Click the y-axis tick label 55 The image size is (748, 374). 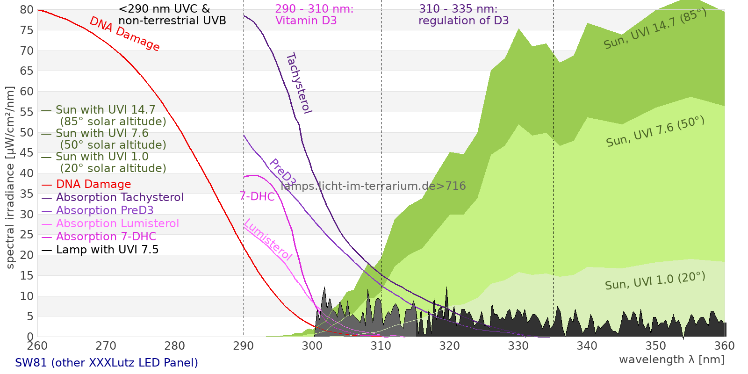click(x=27, y=112)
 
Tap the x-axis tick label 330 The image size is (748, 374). click(x=518, y=346)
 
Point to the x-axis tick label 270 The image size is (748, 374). click(x=106, y=346)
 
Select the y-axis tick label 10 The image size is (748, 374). click(x=27, y=296)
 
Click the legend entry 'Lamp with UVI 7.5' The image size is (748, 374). click(x=107, y=250)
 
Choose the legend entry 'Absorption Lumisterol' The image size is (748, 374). click(x=117, y=223)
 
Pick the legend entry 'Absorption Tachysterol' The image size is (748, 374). click(x=120, y=197)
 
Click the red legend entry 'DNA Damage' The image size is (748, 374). click(x=93, y=184)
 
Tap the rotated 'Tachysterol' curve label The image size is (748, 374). click(x=299, y=83)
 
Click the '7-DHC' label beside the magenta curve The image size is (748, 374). click(x=257, y=196)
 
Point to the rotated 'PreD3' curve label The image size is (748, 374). click(x=282, y=173)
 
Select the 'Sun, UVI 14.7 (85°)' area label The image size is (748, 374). click(x=655, y=29)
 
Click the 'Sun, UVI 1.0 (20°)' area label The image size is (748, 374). click(x=655, y=281)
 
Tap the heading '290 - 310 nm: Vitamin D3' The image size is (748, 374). click(x=314, y=15)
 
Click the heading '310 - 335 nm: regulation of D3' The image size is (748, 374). click(x=463, y=15)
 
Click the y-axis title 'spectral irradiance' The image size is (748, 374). click(x=10, y=178)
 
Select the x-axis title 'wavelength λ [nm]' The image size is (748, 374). click(x=671, y=360)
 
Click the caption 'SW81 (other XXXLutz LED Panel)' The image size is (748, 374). click(x=107, y=362)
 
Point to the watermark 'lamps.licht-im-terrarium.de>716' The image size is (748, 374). click(x=373, y=186)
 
